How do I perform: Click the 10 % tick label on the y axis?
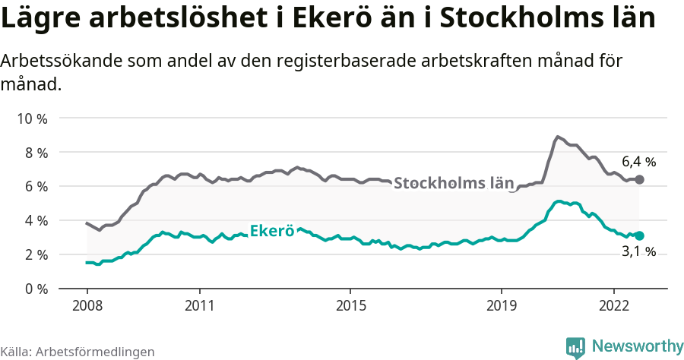pos(32,118)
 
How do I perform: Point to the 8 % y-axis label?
pos(35,153)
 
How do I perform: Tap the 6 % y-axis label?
pos(35,187)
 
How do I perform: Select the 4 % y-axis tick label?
pos(35,220)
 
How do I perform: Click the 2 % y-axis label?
pos(35,254)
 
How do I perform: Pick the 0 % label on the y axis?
pos(35,289)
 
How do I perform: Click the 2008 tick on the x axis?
pos(87,305)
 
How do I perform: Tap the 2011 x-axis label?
pos(199,305)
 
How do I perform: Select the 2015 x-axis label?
pos(350,305)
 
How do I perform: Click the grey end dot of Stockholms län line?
pos(639,179)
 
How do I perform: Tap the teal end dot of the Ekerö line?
pos(639,235)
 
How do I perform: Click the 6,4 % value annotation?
pos(638,162)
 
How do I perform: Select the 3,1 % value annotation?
pos(638,251)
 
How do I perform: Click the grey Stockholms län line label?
pos(454,183)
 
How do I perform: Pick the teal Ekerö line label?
pos(271,231)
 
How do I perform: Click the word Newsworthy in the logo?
pos(638,346)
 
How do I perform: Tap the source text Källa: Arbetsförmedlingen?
pos(78,352)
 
